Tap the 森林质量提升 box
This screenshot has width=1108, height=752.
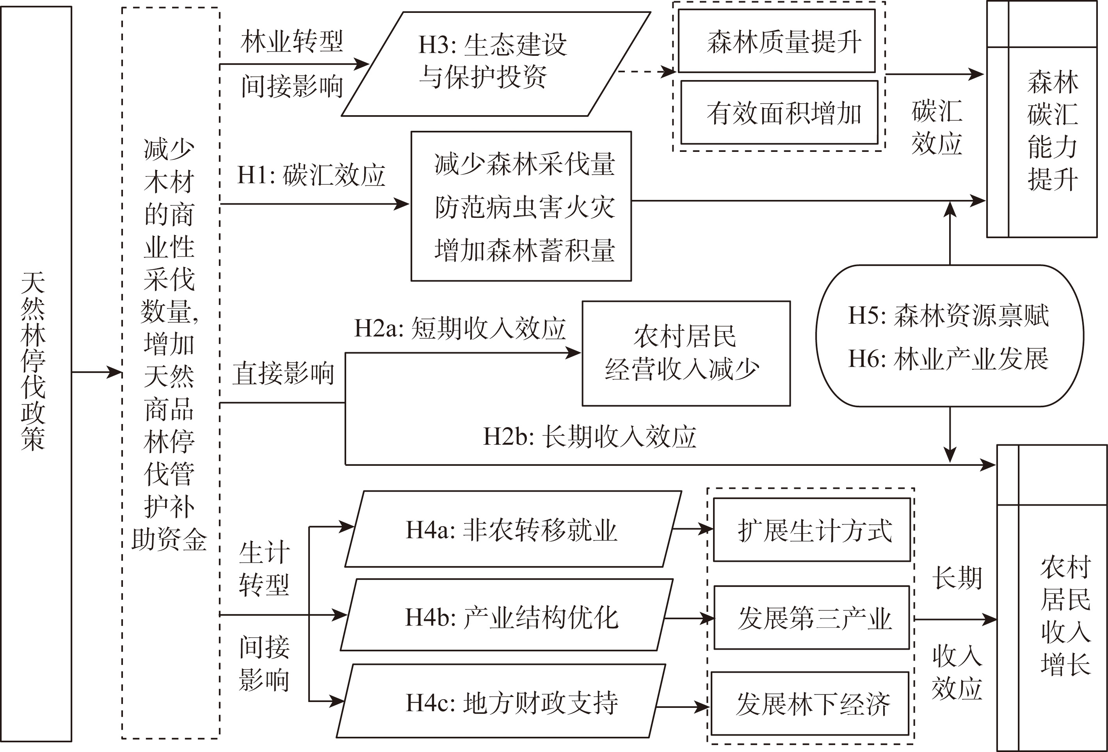tap(777, 41)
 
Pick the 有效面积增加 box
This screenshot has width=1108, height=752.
tap(779, 113)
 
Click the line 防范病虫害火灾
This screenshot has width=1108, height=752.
tap(525, 207)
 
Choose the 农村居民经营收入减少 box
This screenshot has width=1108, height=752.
tap(686, 353)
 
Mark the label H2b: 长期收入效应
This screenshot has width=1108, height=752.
tap(590, 437)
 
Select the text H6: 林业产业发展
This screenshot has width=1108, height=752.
tap(949, 358)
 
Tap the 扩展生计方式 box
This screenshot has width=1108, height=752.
tap(812, 530)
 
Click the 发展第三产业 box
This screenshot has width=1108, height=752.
tap(812, 618)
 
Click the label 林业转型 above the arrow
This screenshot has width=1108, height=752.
tap(292, 41)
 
